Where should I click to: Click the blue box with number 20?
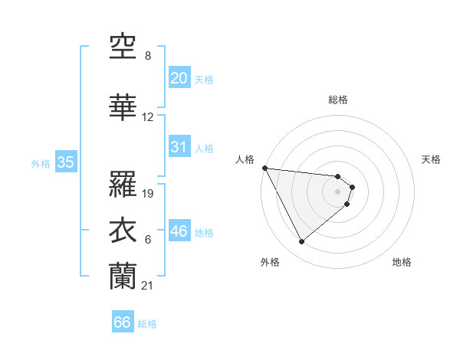click(179, 77)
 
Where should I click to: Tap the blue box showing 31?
click(179, 147)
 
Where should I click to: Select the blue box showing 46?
click(179, 231)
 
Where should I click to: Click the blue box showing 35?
click(65, 162)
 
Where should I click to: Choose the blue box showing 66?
click(123, 322)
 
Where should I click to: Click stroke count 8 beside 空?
click(147, 56)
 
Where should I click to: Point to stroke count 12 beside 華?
click(148, 117)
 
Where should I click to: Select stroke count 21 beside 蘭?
click(148, 286)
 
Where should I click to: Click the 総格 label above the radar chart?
click(338, 100)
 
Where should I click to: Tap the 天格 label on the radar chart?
click(432, 159)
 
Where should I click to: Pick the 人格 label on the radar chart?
click(245, 159)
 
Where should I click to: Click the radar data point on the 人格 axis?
click(264, 168)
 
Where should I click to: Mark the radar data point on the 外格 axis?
click(301, 242)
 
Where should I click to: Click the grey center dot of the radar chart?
click(338, 191)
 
